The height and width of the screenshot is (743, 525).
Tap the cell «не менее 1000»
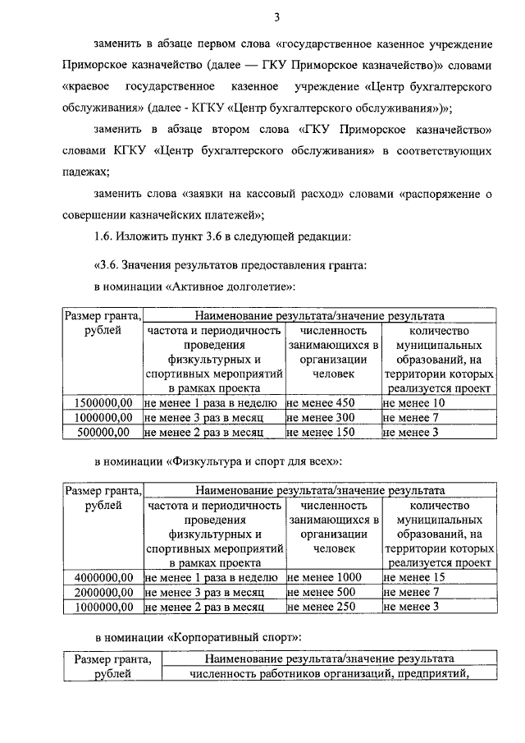[326, 578]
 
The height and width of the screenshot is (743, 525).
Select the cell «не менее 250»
[322, 607]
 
